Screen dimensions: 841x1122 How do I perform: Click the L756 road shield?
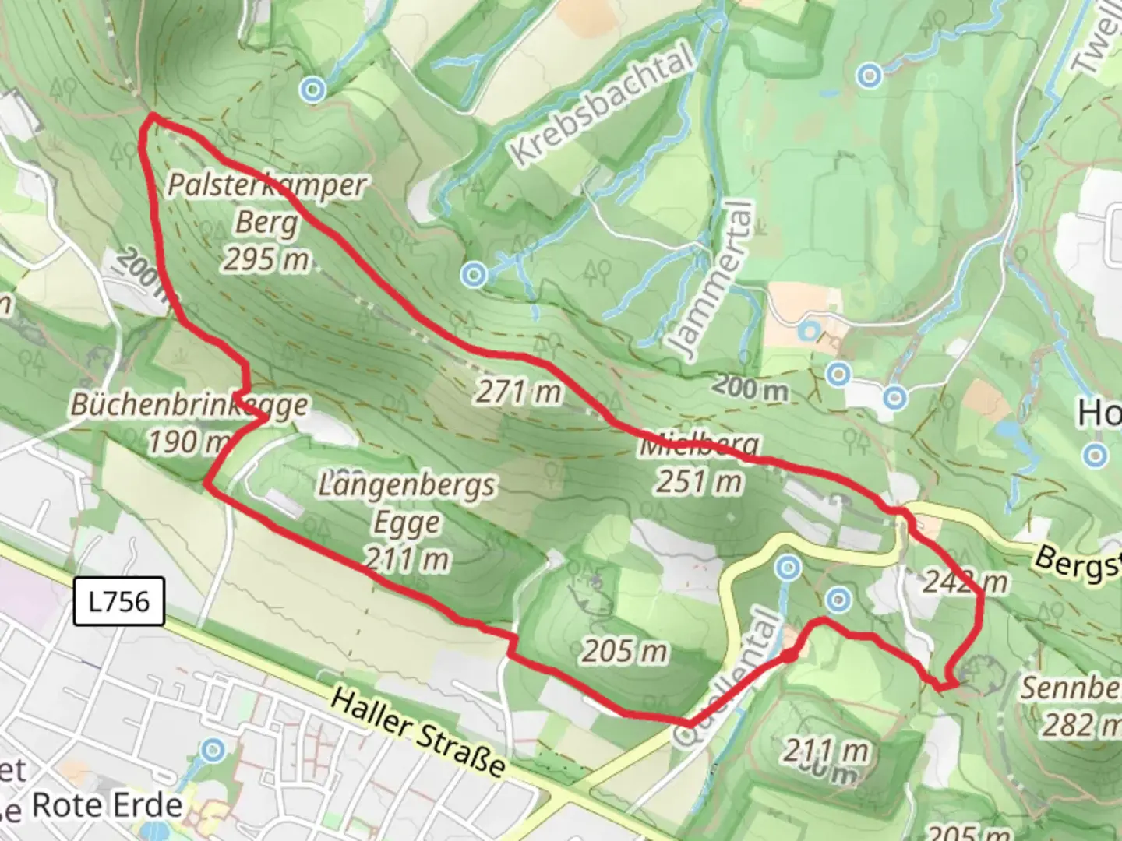[118, 601]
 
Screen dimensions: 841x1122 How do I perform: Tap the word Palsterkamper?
[266, 185]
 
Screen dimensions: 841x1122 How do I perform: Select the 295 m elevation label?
[266, 259]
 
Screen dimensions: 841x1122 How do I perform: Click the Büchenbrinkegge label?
[189, 405]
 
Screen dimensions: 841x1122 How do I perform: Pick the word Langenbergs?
[406, 486]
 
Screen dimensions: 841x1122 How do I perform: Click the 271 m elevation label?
[519, 391]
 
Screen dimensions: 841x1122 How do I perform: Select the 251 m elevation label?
[699, 482]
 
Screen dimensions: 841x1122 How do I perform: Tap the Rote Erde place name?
[107, 805]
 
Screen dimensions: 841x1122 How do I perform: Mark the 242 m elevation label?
[965, 582]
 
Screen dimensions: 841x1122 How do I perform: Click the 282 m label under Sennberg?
[1079, 725]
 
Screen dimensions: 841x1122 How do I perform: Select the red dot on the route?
[789, 656]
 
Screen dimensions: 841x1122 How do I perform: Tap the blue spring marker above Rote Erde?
[212, 751]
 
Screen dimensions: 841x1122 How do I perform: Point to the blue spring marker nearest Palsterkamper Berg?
[313, 90]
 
